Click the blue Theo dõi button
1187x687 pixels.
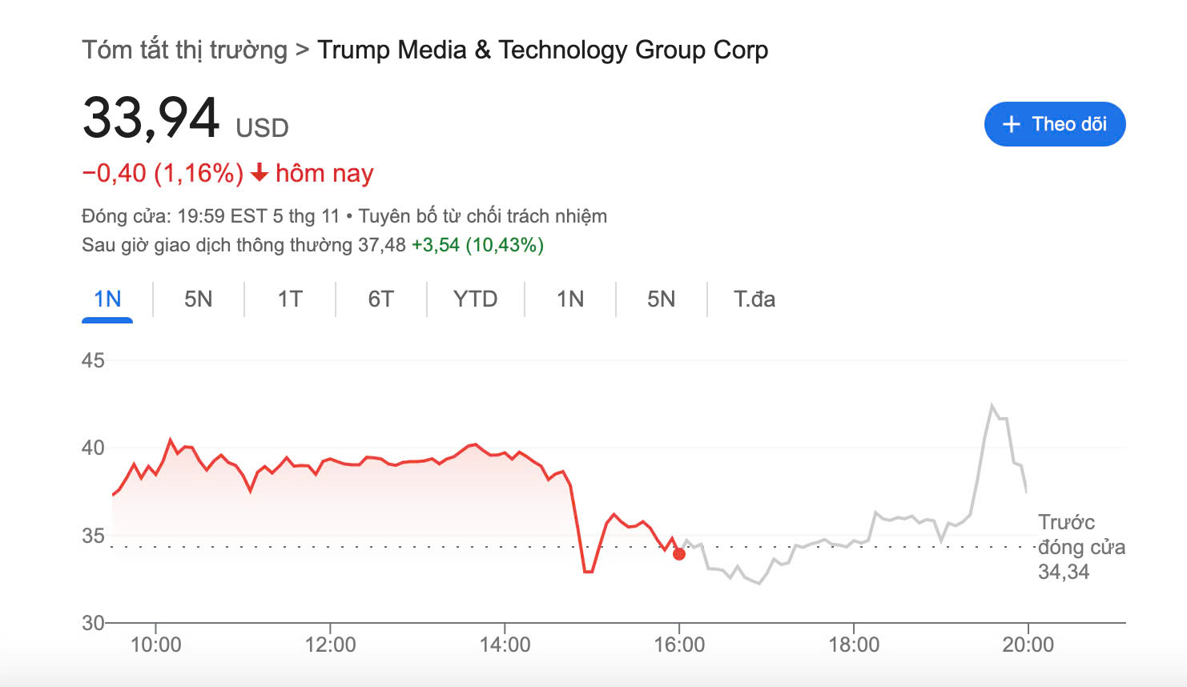(1054, 124)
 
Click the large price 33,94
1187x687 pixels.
(151, 119)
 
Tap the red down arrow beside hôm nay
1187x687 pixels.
(259, 173)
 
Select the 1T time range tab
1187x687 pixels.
(290, 299)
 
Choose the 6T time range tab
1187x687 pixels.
(381, 299)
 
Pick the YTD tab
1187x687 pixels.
(475, 299)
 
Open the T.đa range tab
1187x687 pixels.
(754, 299)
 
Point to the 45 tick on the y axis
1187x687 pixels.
(93, 360)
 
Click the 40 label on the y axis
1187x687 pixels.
(93, 448)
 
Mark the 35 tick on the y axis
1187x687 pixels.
(93, 536)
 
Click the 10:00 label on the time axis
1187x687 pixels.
(155, 645)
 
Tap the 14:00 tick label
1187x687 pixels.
(505, 645)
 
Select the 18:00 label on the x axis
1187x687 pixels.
(854, 645)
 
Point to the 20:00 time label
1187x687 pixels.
(1028, 645)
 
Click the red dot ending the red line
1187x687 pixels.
(679, 554)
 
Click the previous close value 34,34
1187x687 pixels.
(1064, 572)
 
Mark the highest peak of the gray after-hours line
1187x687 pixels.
(992, 405)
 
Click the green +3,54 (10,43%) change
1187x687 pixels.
(477, 245)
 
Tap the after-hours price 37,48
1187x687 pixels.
(382, 245)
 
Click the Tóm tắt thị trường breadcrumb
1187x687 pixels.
(184, 50)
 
